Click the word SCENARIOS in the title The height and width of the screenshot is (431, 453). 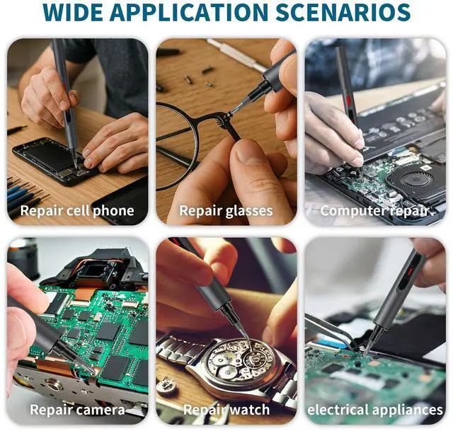pyautogui.click(x=343, y=12)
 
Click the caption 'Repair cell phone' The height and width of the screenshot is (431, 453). pyautogui.click(x=77, y=211)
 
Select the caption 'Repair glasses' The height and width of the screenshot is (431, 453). pyautogui.click(x=226, y=211)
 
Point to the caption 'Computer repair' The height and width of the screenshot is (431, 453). pyautogui.click(x=374, y=211)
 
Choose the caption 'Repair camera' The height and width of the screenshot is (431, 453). pyautogui.click(x=77, y=410)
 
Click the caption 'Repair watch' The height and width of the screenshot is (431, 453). pyautogui.click(x=226, y=410)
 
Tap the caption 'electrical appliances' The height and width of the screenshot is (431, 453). pyautogui.click(x=375, y=410)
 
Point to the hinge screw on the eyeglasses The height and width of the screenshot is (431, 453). pyautogui.click(x=229, y=115)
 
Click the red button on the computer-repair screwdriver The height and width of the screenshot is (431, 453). pyautogui.click(x=348, y=100)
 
